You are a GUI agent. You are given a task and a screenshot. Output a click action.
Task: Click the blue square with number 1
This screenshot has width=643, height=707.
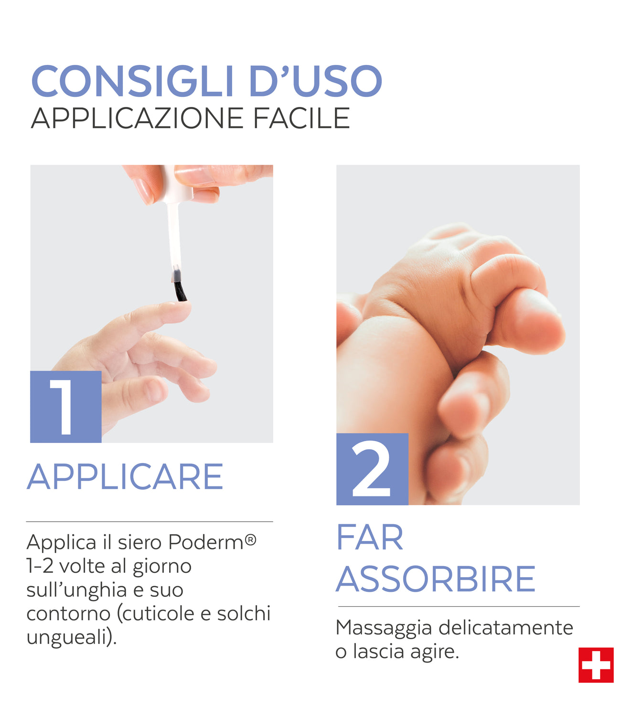65,406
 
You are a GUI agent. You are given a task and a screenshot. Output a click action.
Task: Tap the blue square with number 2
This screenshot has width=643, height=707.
372,469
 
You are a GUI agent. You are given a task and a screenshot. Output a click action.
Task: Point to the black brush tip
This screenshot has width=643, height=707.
180,290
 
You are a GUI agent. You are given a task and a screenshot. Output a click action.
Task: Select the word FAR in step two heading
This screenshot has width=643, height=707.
370,538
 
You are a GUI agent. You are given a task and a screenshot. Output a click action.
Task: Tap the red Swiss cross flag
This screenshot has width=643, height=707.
596,665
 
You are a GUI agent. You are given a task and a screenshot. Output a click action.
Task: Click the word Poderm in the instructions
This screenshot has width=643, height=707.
205,542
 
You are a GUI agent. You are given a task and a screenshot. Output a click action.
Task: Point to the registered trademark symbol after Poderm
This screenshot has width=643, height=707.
250,539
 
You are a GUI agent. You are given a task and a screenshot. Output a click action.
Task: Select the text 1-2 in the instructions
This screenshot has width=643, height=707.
40,566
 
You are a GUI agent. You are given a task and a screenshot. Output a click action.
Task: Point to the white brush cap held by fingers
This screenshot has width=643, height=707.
175,184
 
